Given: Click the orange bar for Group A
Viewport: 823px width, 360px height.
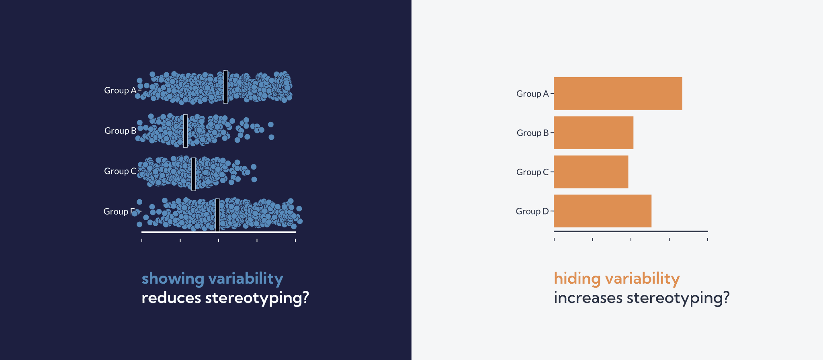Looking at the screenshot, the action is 618,94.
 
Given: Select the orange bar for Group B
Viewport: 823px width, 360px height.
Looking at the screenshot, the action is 594,133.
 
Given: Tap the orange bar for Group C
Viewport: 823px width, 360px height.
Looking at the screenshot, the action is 591,172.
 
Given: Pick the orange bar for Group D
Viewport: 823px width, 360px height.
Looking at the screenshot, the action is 602,211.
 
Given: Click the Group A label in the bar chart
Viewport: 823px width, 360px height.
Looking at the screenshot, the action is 532,94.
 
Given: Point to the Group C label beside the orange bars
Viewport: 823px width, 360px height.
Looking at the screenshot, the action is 532,172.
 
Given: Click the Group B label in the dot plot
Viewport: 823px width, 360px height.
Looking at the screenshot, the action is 121,131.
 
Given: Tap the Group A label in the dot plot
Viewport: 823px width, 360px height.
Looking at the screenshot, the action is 120,90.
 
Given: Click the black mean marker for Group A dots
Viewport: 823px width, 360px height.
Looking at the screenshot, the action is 226,87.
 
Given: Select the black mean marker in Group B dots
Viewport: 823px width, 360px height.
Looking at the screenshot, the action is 186,131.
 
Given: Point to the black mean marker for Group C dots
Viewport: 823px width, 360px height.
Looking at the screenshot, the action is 194,174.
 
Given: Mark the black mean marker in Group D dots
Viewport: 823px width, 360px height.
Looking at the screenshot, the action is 218,215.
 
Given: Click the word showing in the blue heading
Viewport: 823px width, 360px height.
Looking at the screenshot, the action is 173,279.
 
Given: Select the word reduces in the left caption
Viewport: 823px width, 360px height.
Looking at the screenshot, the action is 171,298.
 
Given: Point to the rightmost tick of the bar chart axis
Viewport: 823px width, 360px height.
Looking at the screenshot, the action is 708,239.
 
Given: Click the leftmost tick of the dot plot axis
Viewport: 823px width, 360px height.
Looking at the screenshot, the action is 142,240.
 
